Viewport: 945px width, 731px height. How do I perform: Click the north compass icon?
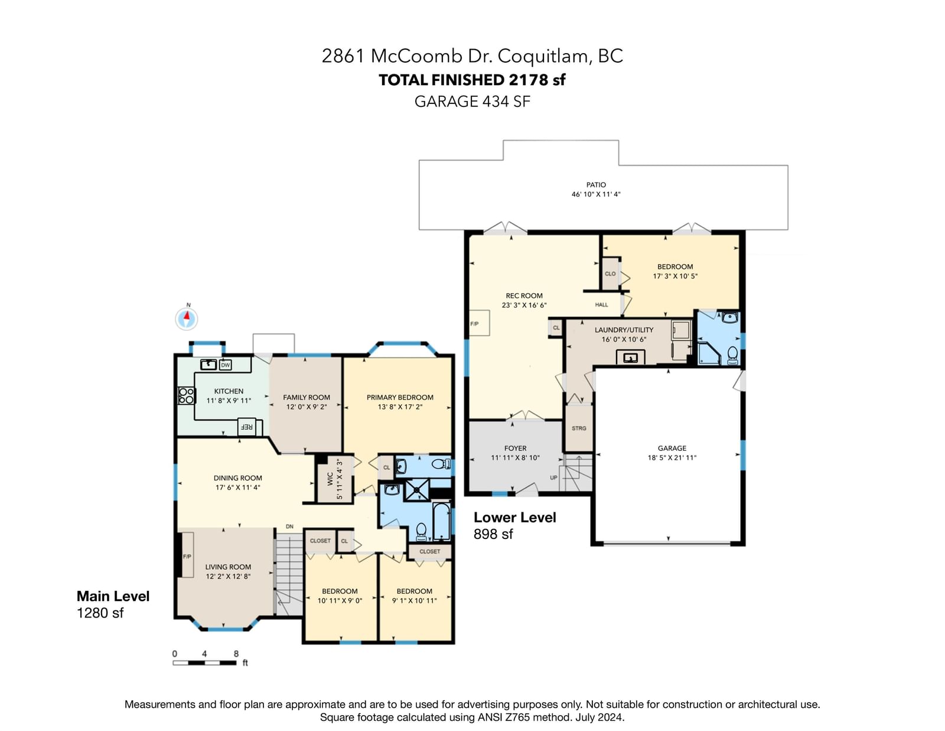(x=187, y=319)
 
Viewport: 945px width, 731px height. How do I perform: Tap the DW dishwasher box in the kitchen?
(x=225, y=365)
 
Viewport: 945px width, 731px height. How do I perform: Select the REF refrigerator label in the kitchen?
(x=246, y=427)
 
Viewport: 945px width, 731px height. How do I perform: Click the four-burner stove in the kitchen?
(x=186, y=396)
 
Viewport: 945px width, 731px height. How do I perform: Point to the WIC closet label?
(x=330, y=479)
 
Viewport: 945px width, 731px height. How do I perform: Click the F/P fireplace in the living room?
(x=187, y=554)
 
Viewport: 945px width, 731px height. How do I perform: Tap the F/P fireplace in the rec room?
(x=479, y=323)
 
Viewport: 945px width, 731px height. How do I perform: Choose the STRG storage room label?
(x=579, y=428)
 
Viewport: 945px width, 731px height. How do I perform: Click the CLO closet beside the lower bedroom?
(x=610, y=274)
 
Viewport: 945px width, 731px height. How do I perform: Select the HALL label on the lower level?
(x=601, y=304)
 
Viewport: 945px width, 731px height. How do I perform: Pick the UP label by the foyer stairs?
(x=553, y=477)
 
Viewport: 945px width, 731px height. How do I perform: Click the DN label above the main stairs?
(x=289, y=527)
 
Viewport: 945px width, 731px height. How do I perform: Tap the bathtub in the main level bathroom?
(x=441, y=521)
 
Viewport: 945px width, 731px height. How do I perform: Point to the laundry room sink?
(x=631, y=358)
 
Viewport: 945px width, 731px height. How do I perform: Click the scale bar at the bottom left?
(x=204, y=662)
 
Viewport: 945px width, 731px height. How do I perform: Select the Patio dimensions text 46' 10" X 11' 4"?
(x=596, y=194)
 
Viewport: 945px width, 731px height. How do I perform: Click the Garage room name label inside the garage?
(x=672, y=448)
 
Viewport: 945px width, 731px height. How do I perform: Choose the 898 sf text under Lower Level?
(x=493, y=534)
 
